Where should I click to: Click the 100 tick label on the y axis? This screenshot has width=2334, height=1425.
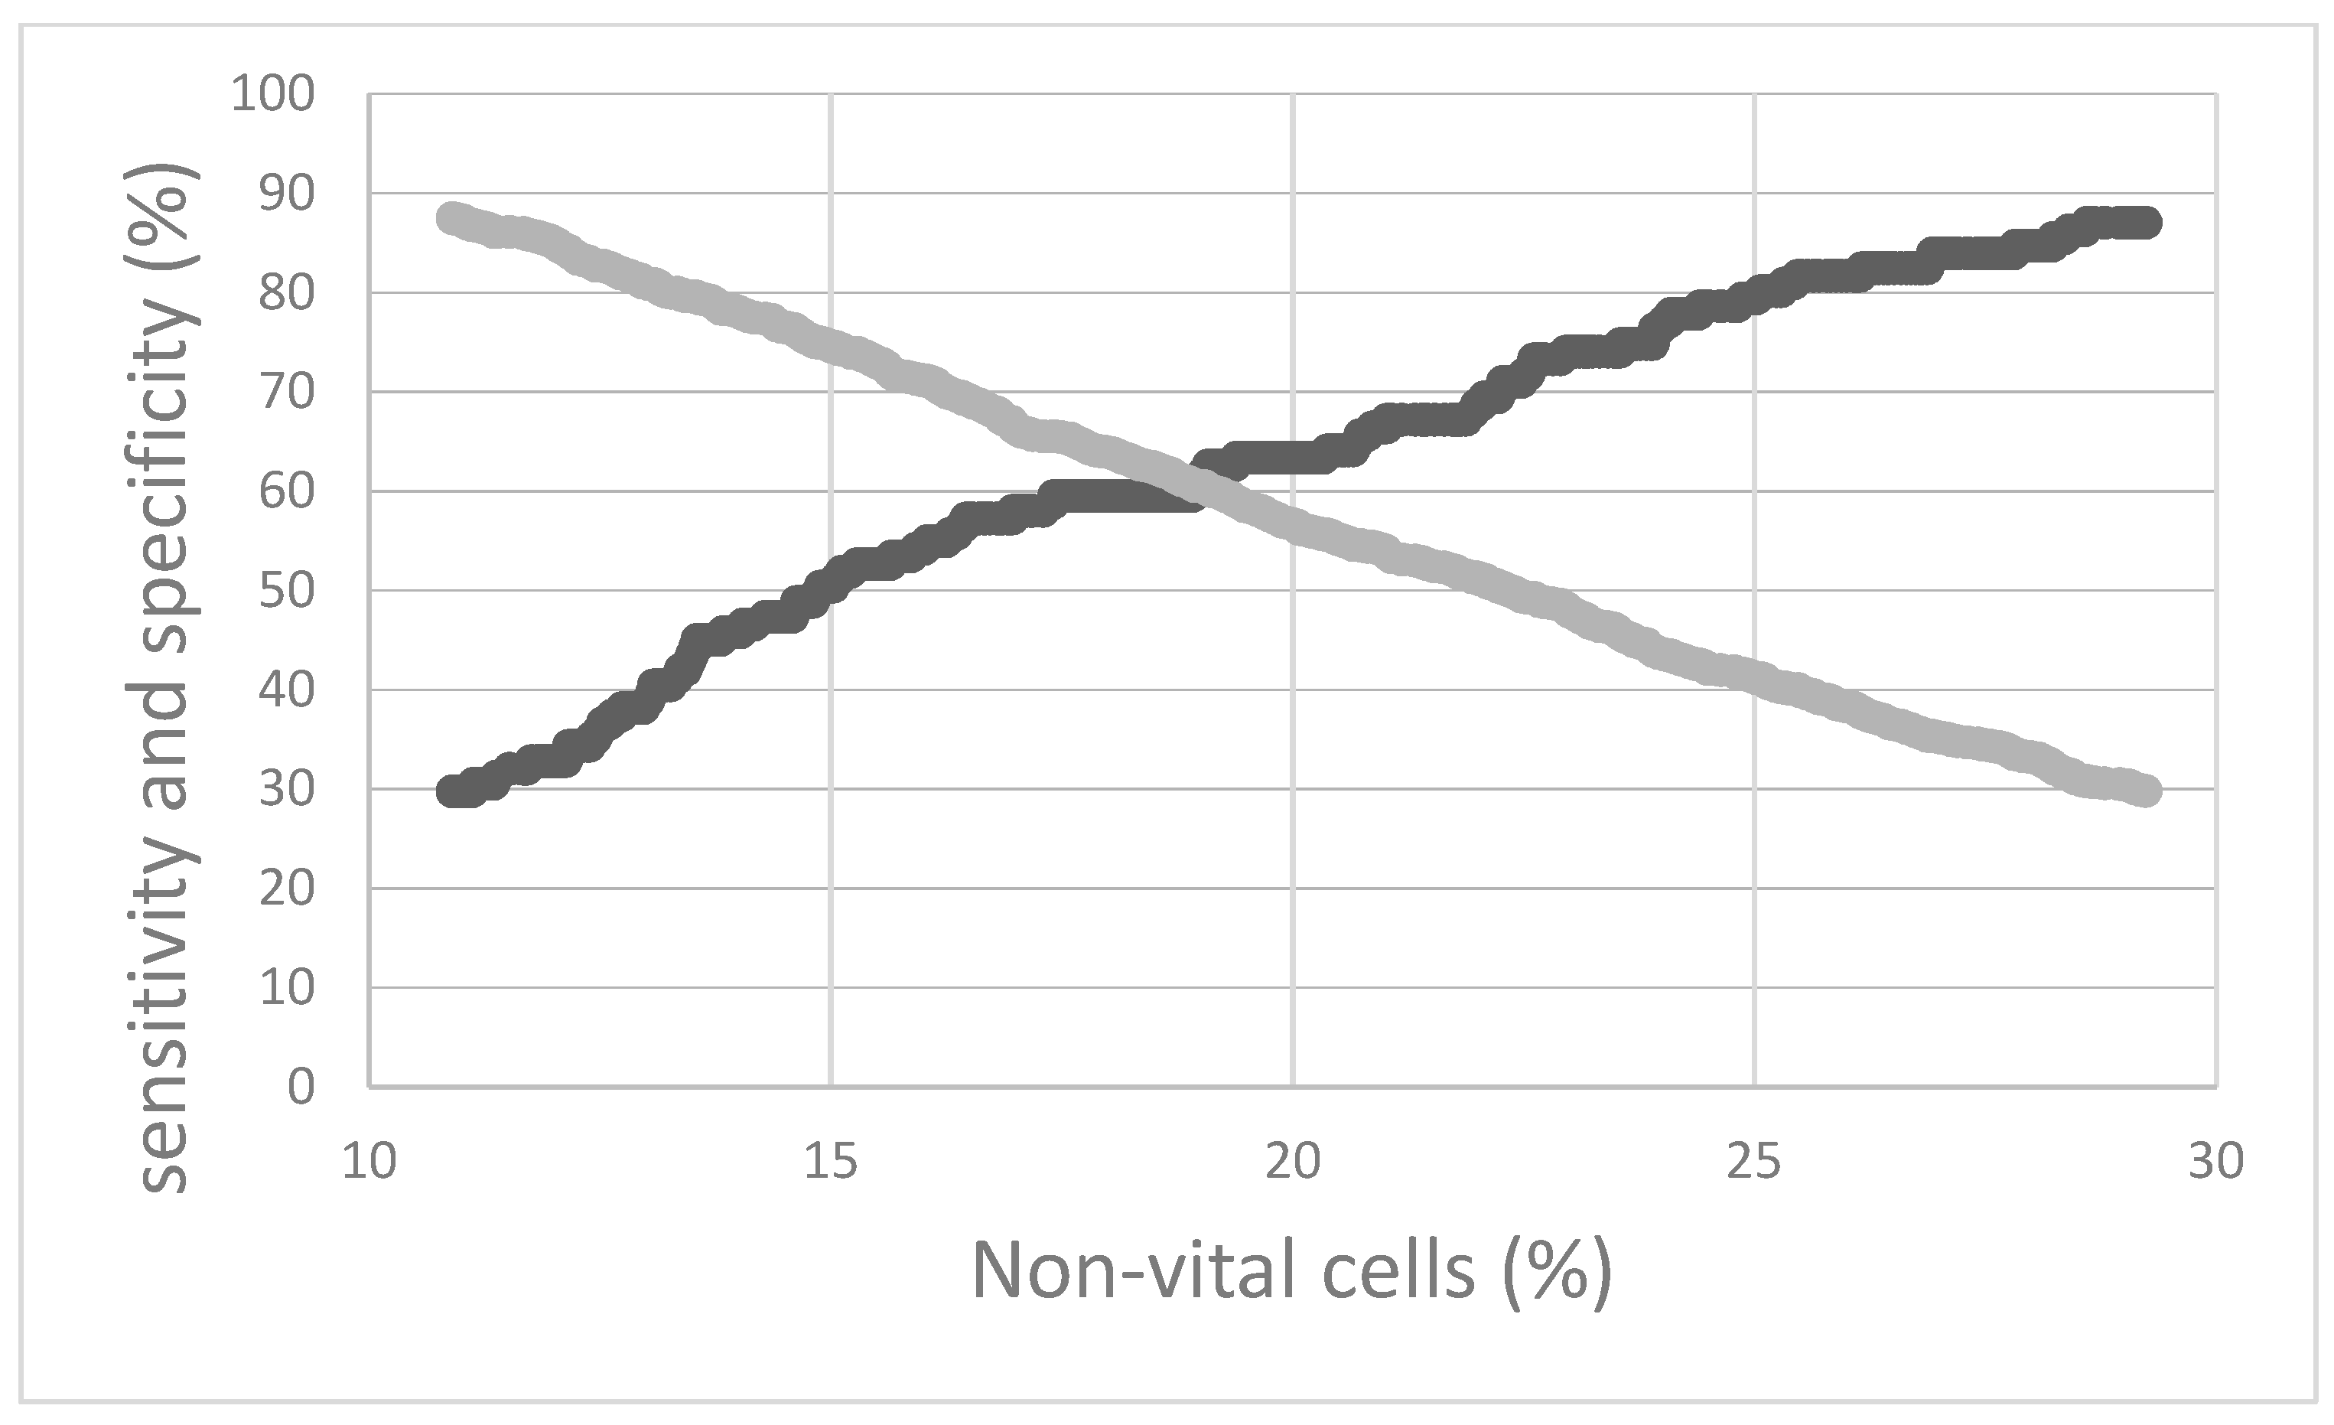[x=273, y=95]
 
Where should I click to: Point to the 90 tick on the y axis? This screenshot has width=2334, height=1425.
[x=286, y=194]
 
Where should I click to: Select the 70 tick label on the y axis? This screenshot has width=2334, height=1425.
[x=286, y=393]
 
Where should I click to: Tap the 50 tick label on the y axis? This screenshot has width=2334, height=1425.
[x=286, y=592]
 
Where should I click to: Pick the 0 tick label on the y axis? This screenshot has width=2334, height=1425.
[x=301, y=1087]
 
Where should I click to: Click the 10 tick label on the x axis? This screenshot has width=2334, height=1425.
[x=369, y=1162]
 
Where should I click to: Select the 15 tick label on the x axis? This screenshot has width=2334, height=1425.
[x=831, y=1162]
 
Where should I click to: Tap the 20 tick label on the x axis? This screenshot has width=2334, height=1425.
[x=1293, y=1162]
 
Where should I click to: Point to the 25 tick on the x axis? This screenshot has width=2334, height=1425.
[x=1754, y=1162]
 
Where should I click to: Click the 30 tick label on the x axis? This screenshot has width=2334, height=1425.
[x=2216, y=1162]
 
